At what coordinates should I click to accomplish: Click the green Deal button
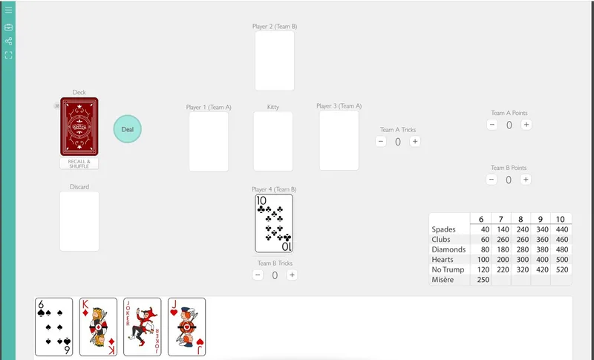(x=127, y=128)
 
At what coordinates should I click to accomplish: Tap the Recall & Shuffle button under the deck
(x=79, y=164)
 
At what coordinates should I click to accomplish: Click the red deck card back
(x=79, y=127)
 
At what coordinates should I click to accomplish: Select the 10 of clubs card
(x=273, y=223)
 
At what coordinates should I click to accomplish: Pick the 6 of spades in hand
(x=53, y=327)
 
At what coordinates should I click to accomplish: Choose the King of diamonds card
(x=98, y=327)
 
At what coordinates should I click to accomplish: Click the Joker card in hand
(x=142, y=327)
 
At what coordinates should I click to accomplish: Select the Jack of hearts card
(x=186, y=327)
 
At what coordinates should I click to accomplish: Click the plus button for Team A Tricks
(x=415, y=142)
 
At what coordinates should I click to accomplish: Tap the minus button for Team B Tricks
(x=258, y=275)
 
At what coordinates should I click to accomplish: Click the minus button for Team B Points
(x=492, y=180)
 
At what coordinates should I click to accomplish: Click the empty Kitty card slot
(x=273, y=141)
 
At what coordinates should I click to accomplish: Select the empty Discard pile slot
(x=79, y=221)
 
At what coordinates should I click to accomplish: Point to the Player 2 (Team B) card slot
(x=275, y=61)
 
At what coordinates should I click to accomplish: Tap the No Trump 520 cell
(x=561, y=269)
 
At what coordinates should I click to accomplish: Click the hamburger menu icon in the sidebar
(x=9, y=10)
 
